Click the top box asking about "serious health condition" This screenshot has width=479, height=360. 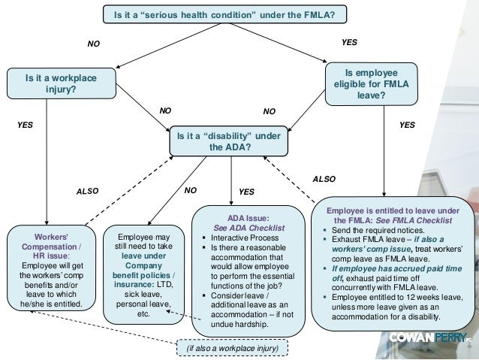click(224, 14)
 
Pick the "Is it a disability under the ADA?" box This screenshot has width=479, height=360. click(225, 141)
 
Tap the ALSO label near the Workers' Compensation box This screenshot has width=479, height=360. click(88, 192)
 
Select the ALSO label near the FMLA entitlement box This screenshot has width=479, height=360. click(324, 180)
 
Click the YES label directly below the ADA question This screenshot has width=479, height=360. click(246, 192)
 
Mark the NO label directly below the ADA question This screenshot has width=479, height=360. click(191, 191)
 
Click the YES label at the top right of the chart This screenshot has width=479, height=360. click(349, 43)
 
